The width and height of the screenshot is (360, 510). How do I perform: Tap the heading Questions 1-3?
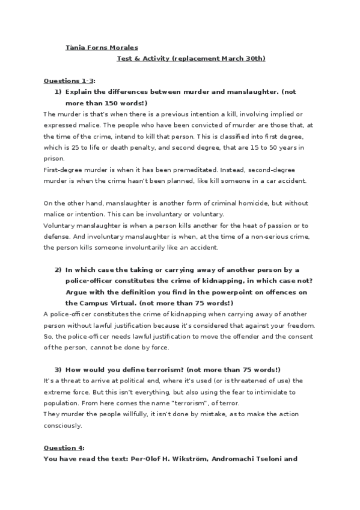(x=70, y=81)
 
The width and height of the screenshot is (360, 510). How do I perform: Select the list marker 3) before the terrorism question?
(x=58, y=369)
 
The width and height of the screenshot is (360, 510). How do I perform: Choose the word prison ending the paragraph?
(x=53, y=159)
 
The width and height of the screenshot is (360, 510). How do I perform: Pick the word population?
(x=62, y=402)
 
